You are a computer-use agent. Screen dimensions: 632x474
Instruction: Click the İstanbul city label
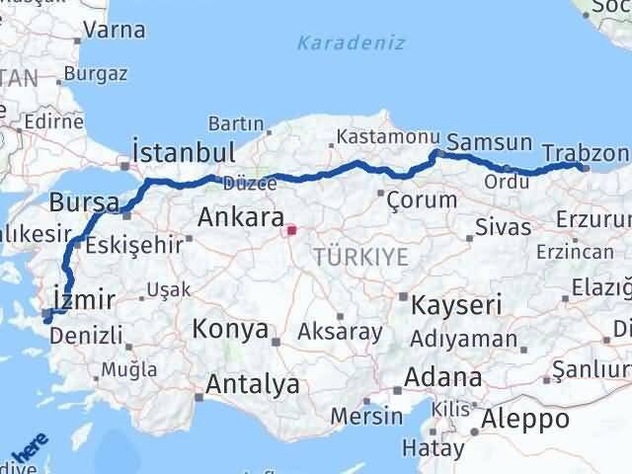click(185, 152)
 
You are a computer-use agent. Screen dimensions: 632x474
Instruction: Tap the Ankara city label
click(241, 217)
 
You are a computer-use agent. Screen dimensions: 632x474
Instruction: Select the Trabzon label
click(586, 153)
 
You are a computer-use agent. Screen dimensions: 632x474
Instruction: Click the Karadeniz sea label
click(340, 42)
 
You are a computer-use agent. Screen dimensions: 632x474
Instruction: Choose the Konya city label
click(230, 328)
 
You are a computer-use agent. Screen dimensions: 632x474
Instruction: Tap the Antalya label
click(251, 384)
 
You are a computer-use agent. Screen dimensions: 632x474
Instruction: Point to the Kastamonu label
click(376, 136)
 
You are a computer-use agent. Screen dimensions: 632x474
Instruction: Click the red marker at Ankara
click(290, 232)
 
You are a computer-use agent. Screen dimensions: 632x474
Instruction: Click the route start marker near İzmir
click(46, 317)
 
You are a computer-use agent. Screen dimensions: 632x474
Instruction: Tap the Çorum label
click(422, 199)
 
